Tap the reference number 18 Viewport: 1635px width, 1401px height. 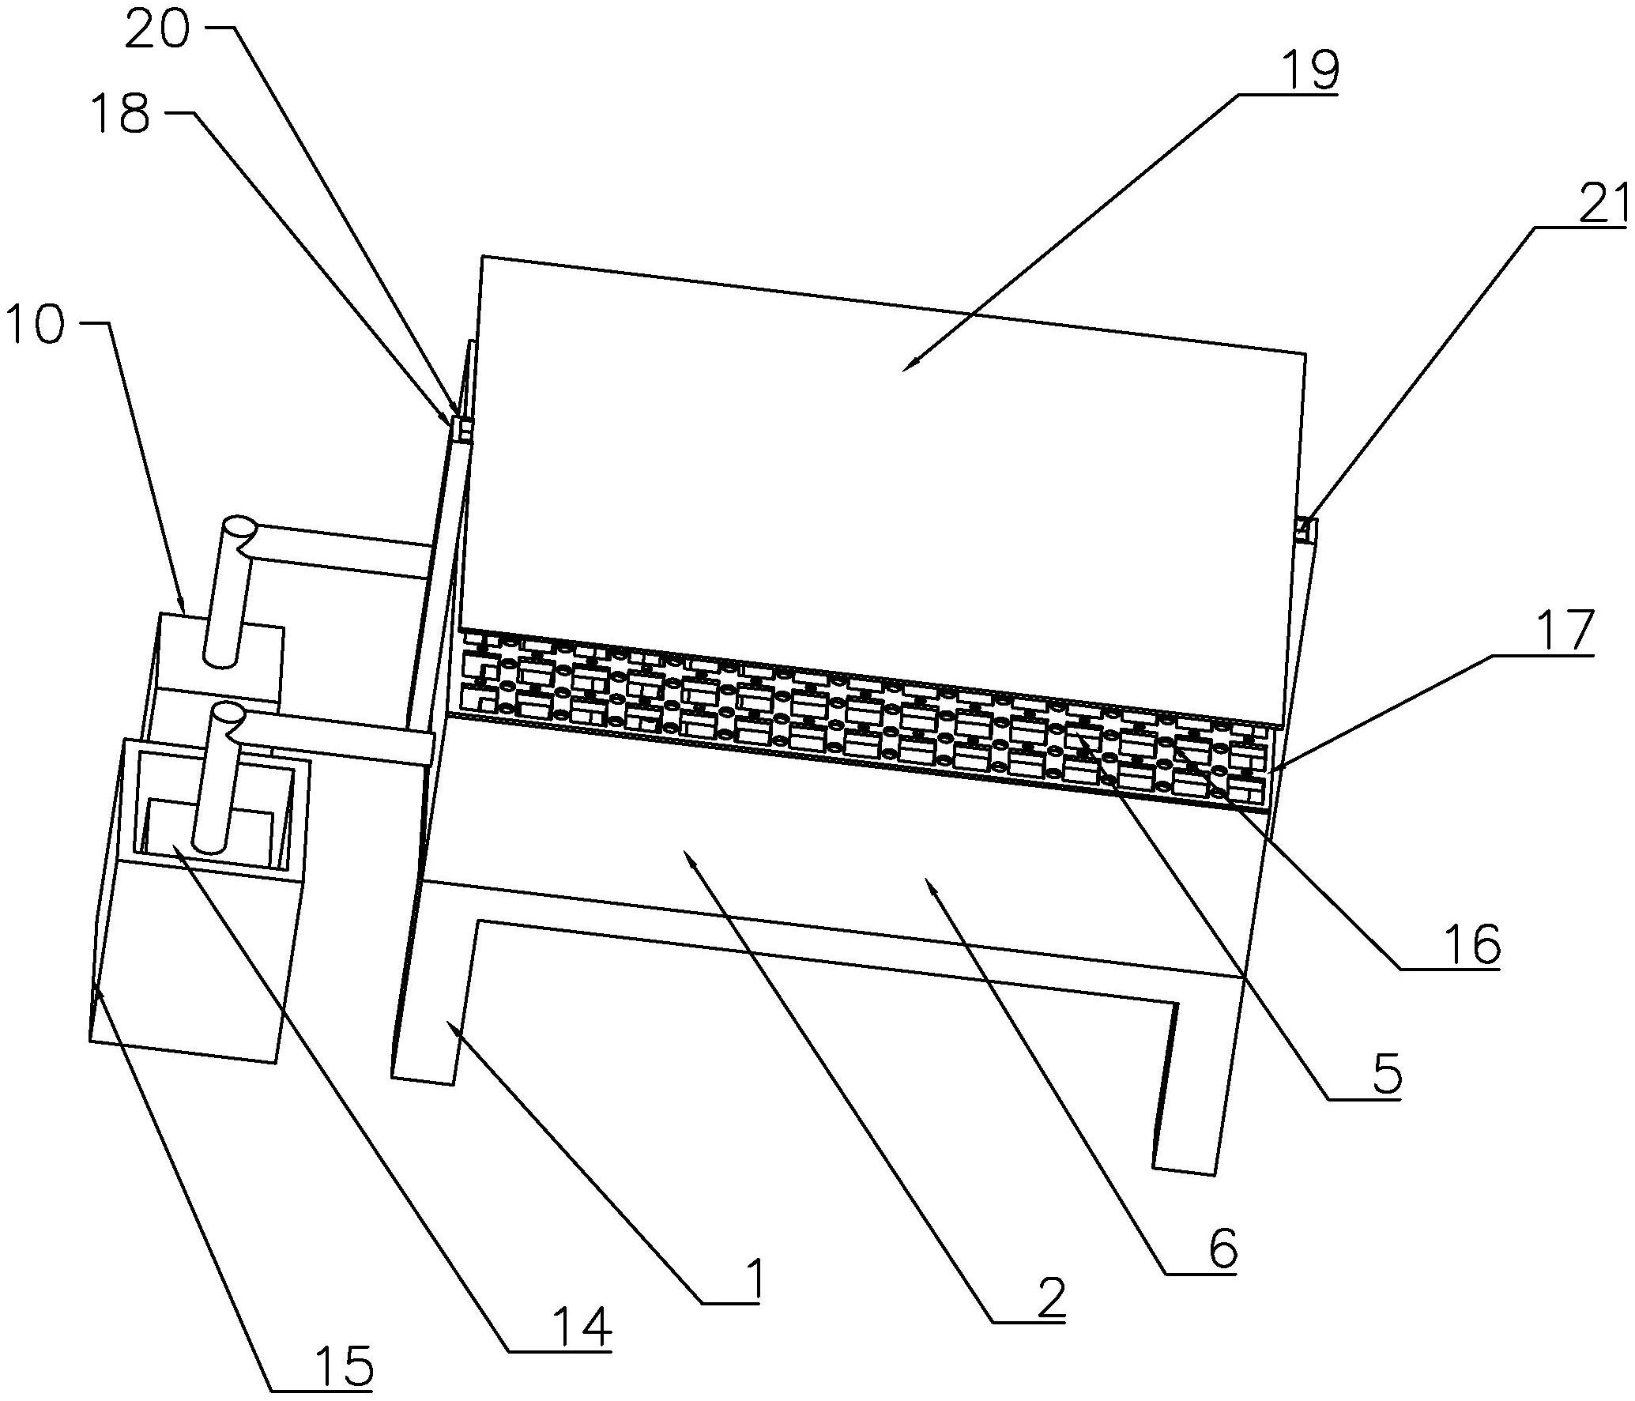tap(119, 114)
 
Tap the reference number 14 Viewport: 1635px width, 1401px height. tap(583, 1327)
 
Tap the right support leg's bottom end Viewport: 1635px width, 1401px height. tap(1184, 1170)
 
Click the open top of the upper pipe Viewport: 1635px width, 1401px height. tap(238, 527)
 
